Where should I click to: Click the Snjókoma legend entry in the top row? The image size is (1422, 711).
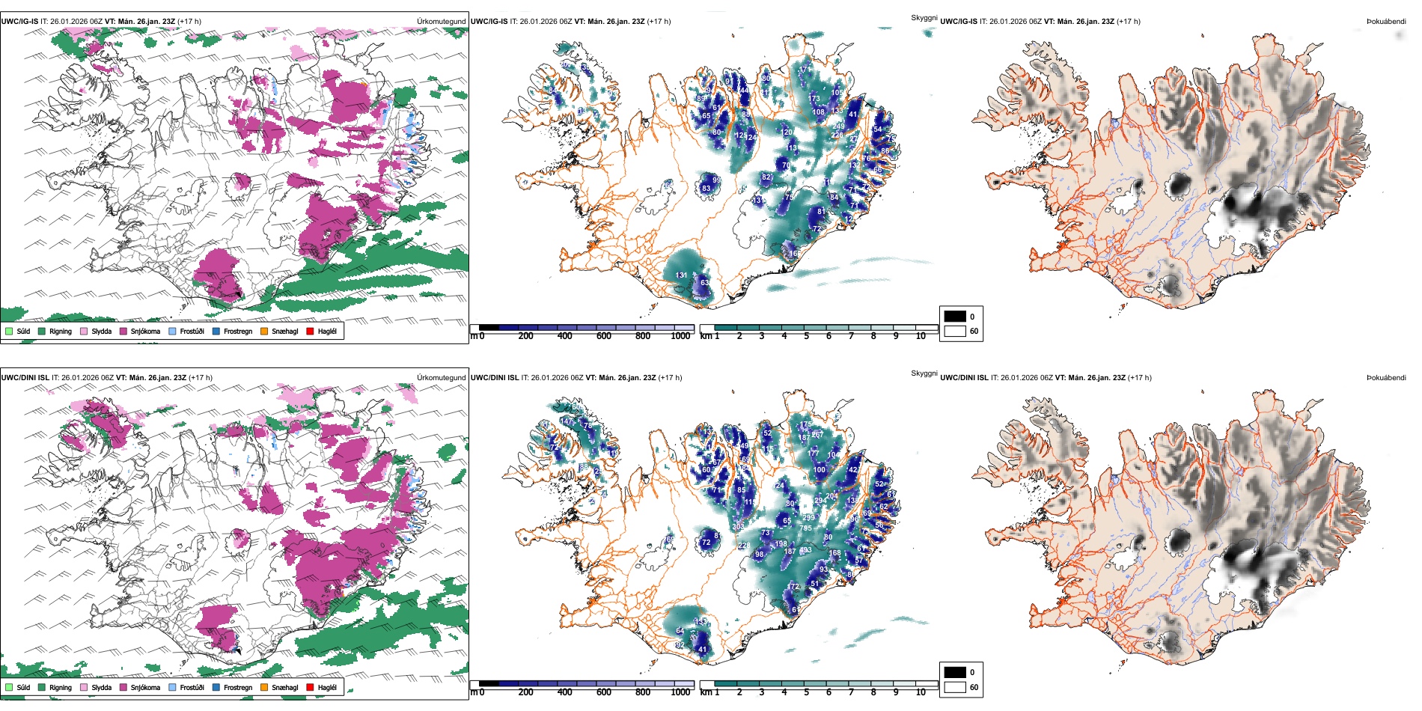(145, 331)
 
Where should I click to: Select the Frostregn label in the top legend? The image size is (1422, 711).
(237, 331)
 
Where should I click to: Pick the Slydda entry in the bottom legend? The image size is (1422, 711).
(101, 687)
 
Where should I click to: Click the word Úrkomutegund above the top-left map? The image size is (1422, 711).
(441, 22)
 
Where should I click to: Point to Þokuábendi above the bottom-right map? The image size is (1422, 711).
(1386, 378)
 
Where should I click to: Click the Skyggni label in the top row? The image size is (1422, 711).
(924, 17)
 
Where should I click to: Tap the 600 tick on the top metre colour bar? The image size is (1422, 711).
(604, 336)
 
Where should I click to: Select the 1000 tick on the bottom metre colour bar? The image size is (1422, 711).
(680, 692)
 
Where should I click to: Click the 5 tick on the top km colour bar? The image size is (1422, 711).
(806, 336)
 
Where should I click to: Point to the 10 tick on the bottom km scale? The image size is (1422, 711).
(921, 692)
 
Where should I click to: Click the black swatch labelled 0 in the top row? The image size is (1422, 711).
(955, 316)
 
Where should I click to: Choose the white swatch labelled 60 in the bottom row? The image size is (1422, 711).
(955, 686)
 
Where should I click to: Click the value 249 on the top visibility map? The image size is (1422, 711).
(838, 126)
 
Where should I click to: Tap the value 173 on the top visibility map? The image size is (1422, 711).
(814, 98)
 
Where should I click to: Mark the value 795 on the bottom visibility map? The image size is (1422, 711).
(805, 528)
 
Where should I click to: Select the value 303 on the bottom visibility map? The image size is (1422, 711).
(739, 527)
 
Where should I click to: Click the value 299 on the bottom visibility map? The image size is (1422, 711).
(808, 518)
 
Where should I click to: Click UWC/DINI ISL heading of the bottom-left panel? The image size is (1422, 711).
(25, 378)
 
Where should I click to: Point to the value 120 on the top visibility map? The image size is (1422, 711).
(787, 132)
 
